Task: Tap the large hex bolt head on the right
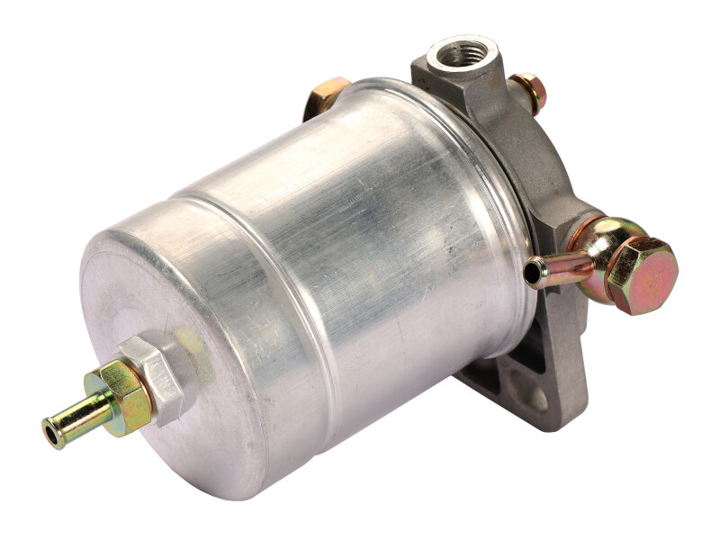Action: coord(641,274)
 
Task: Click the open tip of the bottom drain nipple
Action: coord(49,430)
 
